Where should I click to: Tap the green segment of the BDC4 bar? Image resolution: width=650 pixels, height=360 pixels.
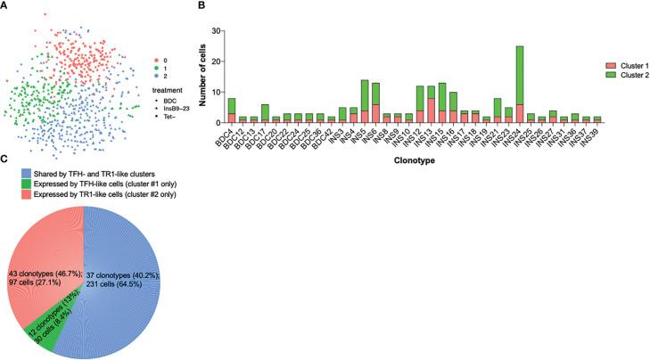(x=231, y=105)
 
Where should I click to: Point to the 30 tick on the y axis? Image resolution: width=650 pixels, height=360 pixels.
(x=215, y=30)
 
